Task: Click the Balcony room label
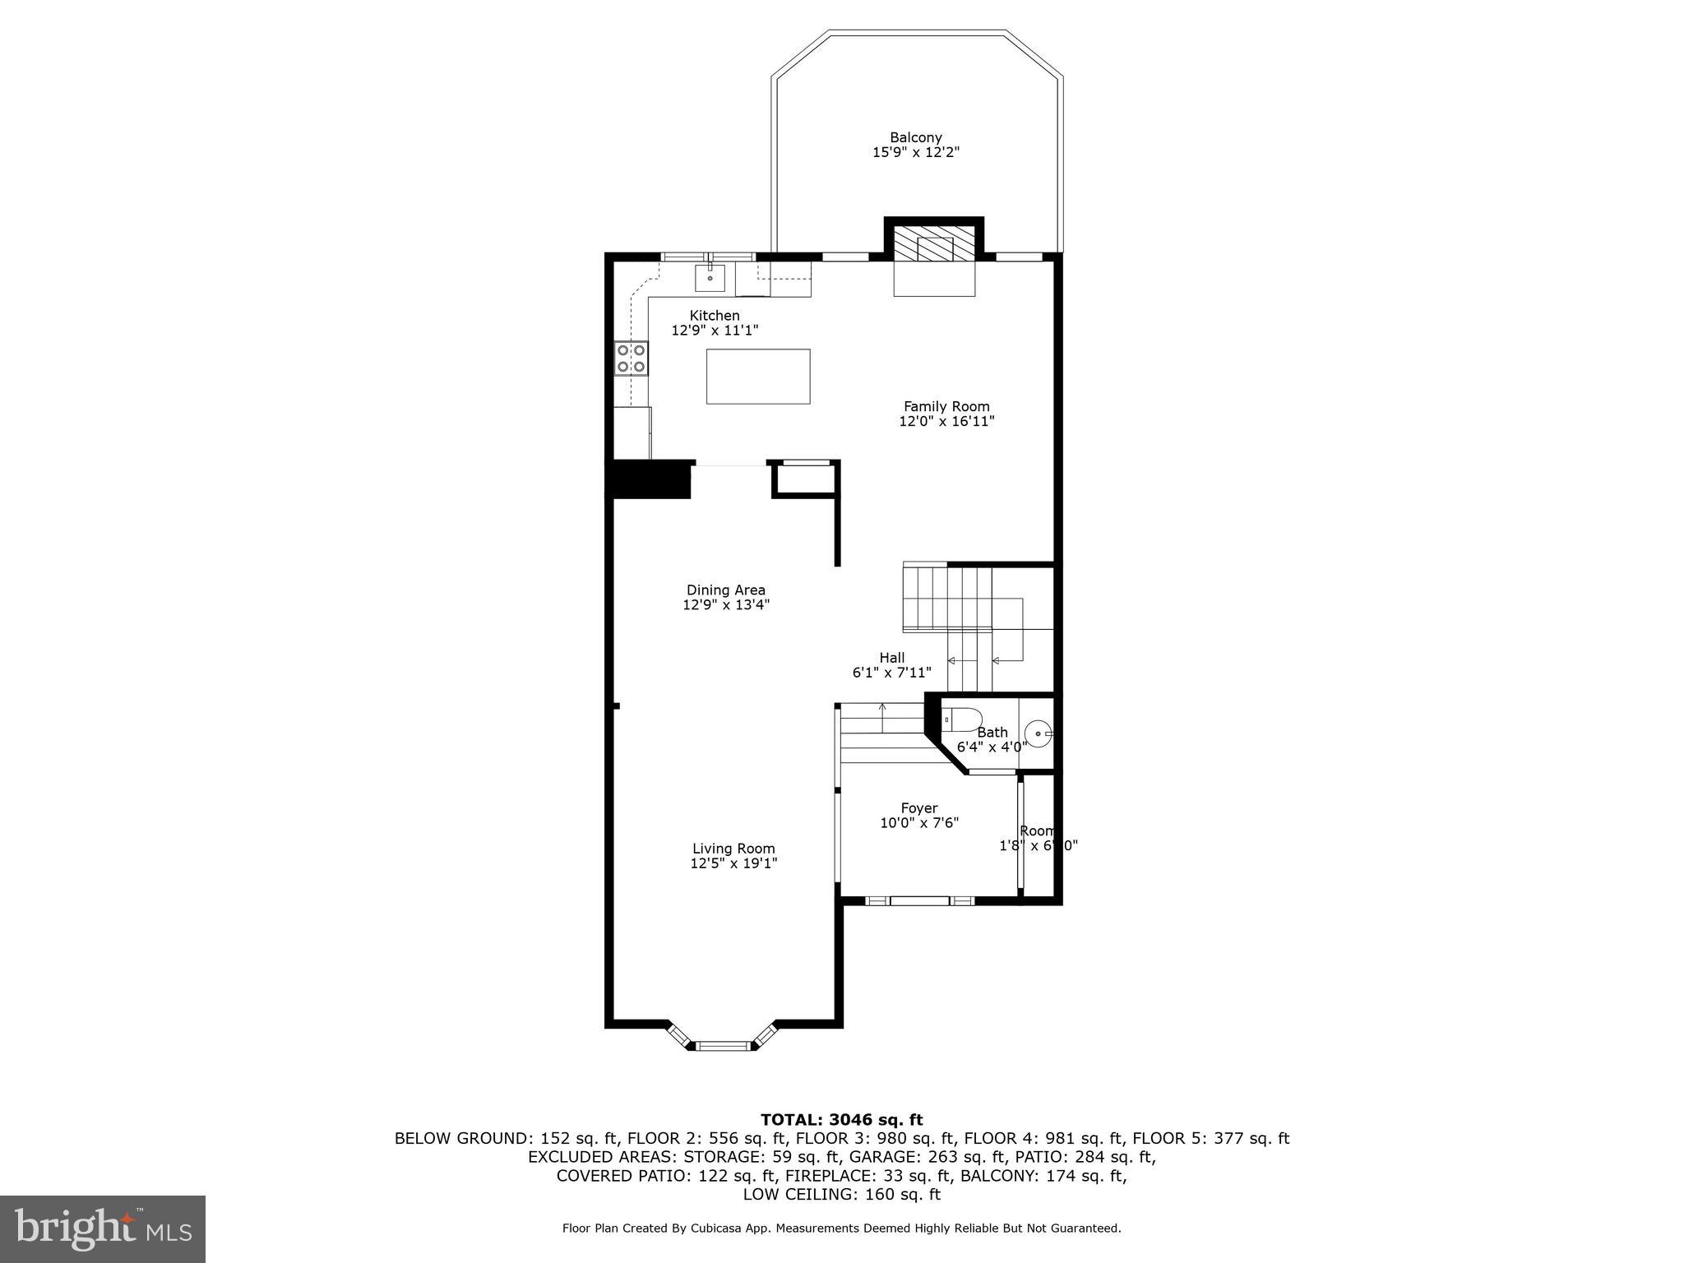[915, 137]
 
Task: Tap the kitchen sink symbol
[710, 278]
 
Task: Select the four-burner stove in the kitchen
[631, 359]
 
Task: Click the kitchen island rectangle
[757, 376]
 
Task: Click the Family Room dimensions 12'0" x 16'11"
[946, 421]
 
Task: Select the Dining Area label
[725, 590]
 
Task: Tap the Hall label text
[891, 657]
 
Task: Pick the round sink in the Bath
[1039, 733]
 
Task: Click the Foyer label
[918, 808]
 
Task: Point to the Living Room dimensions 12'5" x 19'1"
[733, 863]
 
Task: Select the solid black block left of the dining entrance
[648, 479]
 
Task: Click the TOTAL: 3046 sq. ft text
[841, 1119]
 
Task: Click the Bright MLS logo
[103, 1228]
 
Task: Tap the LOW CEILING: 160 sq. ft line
[841, 1194]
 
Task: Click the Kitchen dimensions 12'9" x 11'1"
[714, 330]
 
